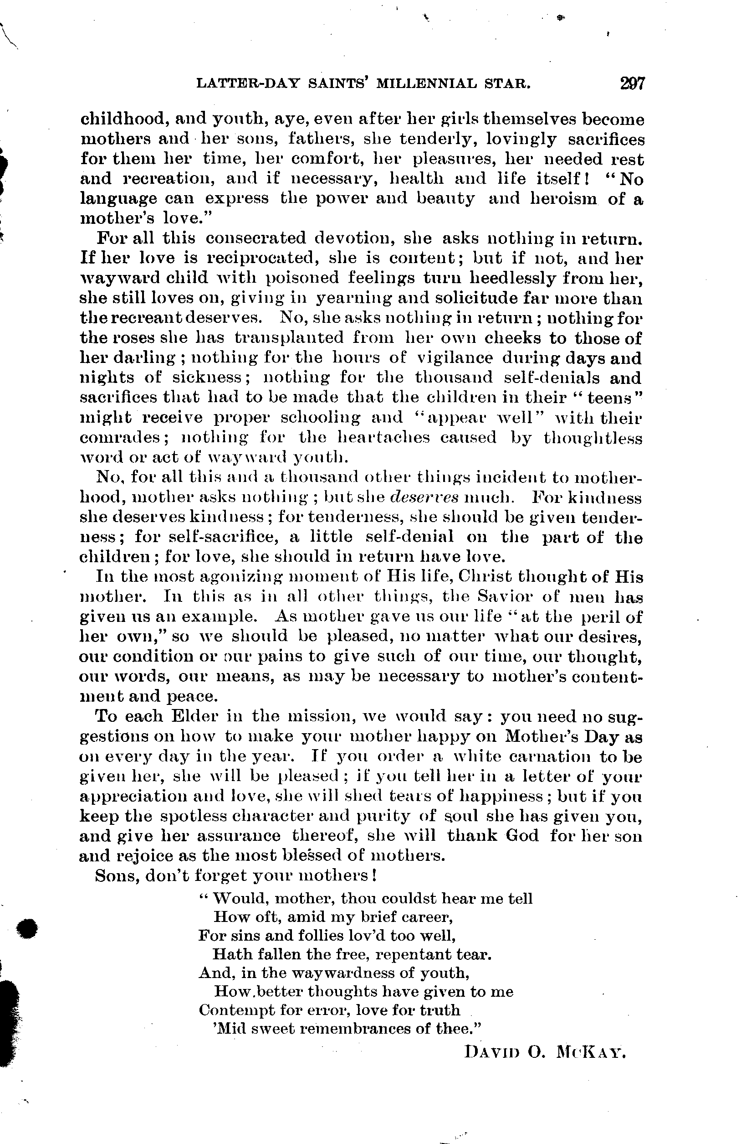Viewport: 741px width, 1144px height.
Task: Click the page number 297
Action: coord(632,83)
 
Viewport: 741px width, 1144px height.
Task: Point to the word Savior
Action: coord(502,596)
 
